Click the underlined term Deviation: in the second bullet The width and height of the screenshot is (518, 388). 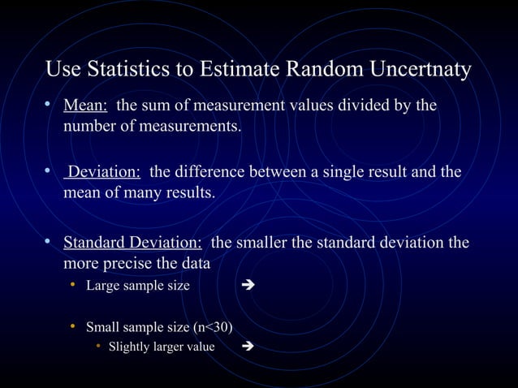point(104,172)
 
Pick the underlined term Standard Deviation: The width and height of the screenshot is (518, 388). point(132,243)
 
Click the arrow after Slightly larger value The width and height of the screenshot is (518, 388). point(248,347)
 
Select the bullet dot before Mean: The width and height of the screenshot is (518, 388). point(50,106)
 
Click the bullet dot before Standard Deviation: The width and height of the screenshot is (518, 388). point(50,243)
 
